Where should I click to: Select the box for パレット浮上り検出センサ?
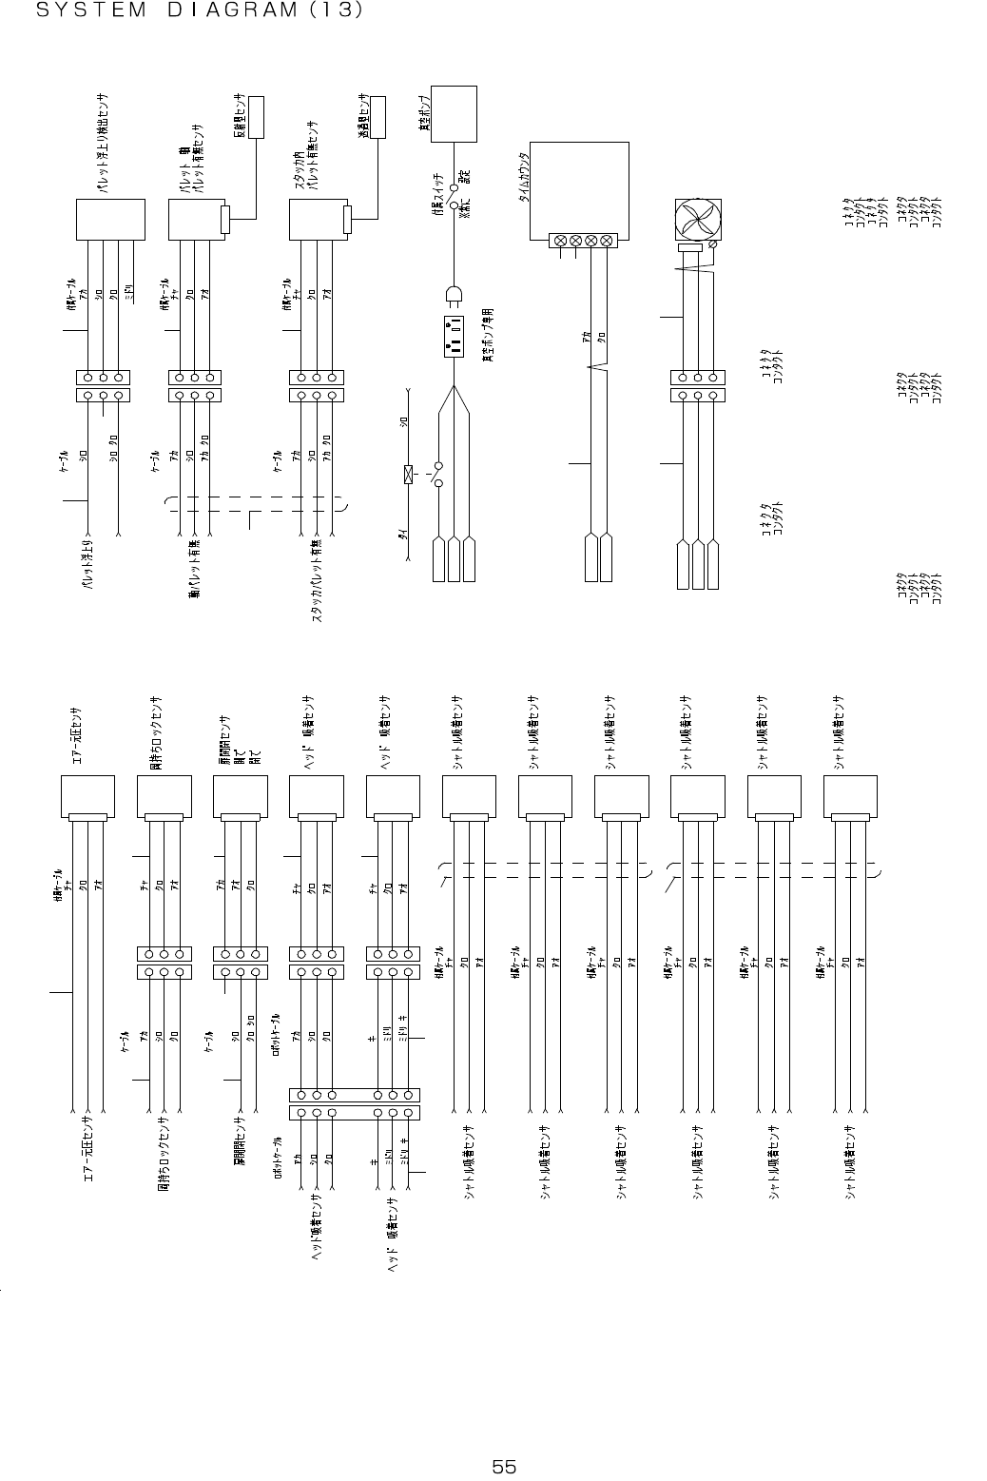tap(109, 220)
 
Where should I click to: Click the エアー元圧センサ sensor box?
tap(87, 797)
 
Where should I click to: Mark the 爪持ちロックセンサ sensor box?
tap(164, 797)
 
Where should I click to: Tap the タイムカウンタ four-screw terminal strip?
tap(582, 242)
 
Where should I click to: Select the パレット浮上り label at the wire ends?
tap(87, 567)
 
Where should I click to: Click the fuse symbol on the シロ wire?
tap(408, 474)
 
